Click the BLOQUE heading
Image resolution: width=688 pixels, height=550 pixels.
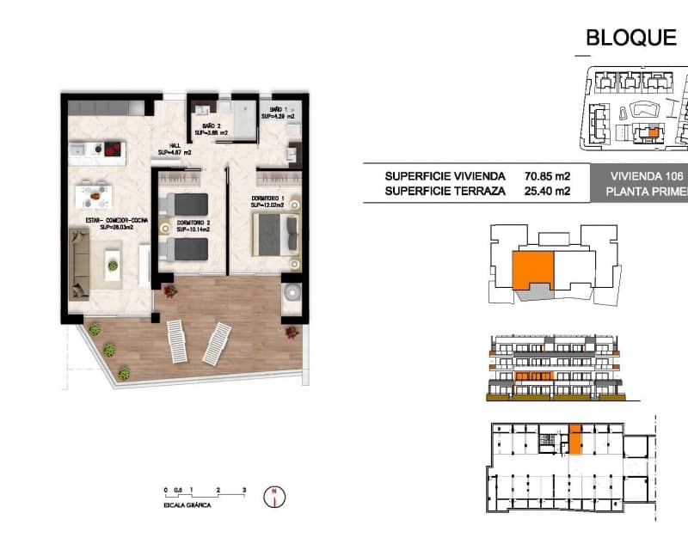[x=630, y=37]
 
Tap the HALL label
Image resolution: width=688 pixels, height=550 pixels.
[x=175, y=148]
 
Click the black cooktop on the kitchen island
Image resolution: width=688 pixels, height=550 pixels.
[x=110, y=149]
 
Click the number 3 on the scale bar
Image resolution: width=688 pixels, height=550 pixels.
[x=244, y=488]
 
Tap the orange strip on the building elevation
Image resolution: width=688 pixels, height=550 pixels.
[x=533, y=376]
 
